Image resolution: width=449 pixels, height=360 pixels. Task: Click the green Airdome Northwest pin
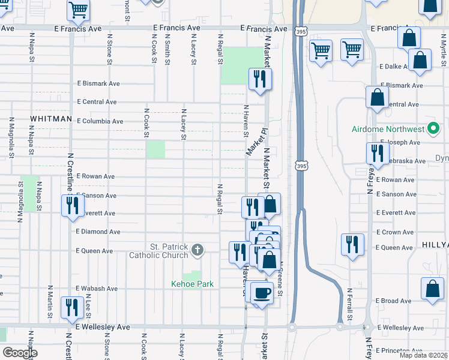pyautogui.click(x=432, y=129)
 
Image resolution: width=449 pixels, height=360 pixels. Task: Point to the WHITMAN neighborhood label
pyautogui.click(x=51, y=119)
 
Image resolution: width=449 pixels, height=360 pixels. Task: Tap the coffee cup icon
pyautogui.click(x=262, y=293)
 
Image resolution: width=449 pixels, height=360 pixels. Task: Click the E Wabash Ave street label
pyautogui.click(x=97, y=289)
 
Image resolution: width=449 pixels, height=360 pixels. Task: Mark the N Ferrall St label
pyautogui.click(x=349, y=302)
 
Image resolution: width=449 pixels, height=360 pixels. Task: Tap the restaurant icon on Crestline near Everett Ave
pyautogui.click(x=72, y=206)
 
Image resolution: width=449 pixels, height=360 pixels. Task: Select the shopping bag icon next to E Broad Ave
pyautogui.click(x=432, y=289)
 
